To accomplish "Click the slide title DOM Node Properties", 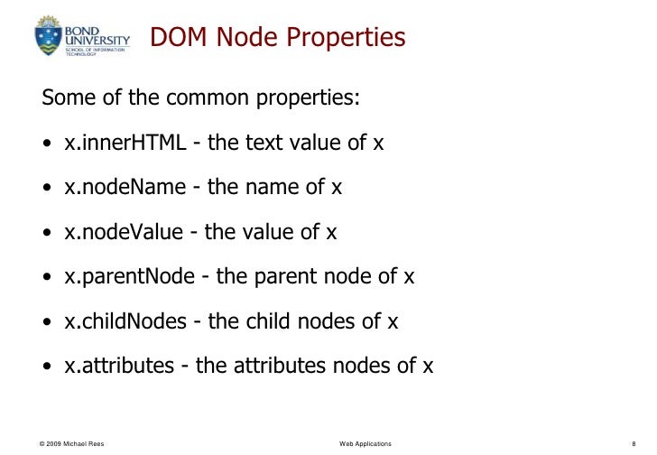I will [x=277, y=38].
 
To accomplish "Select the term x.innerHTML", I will [x=125, y=143].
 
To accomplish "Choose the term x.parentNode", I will [x=129, y=276].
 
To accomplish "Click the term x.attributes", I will [x=119, y=366].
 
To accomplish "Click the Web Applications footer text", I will [x=366, y=443].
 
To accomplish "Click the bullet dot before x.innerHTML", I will [x=46, y=144].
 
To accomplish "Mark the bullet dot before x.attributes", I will [x=46, y=367].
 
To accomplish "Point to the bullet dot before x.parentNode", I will [x=46, y=278].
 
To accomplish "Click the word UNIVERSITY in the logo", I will [x=97, y=39].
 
